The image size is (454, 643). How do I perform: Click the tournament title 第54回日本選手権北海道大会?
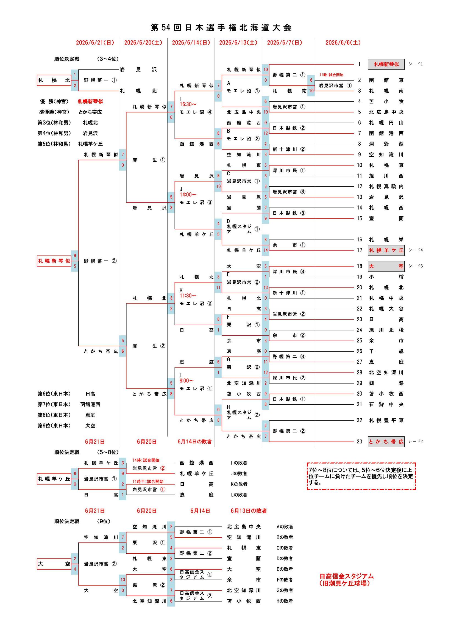(221, 27)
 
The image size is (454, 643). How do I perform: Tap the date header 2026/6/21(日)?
(95, 43)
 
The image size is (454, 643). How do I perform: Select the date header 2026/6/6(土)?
(343, 43)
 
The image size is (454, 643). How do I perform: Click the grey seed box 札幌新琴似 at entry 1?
(386, 64)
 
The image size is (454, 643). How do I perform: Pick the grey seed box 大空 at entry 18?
(386, 266)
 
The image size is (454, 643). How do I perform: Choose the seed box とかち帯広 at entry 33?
(386, 442)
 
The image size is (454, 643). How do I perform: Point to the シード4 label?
(415, 250)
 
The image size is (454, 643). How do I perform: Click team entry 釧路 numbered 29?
(386, 383)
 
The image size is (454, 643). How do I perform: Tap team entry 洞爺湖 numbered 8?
(386, 144)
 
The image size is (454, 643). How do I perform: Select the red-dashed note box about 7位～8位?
(361, 476)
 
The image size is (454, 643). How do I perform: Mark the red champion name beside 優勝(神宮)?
(90, 101)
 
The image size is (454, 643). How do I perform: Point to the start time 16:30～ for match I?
(188, 104)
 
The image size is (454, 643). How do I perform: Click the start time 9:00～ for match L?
(186, 381)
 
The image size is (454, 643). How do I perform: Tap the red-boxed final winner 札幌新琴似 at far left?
(54, 261)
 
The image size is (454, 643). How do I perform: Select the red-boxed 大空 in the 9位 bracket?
(54, 564)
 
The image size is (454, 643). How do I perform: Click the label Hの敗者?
(285, 601)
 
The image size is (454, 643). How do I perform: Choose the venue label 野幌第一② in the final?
(100, 261)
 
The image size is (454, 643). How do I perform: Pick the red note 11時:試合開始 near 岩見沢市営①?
(331, 75)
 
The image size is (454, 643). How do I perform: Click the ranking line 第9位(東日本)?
(54, 426)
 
